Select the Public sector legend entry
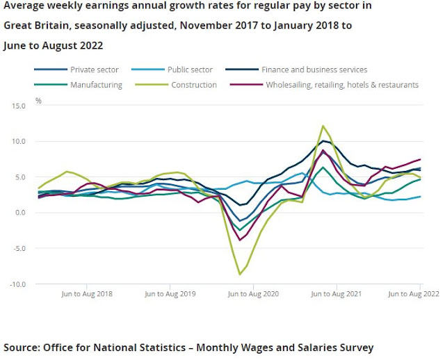(x=190, y=69)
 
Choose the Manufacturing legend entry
(x=96, y=85)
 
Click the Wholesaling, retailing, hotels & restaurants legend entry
(x=341, y=85)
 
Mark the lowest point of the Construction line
(x=241, y=275)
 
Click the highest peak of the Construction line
(x=323, y=126)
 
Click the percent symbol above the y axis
(x=39, y=101)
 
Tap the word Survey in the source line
(x=350, y=347)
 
